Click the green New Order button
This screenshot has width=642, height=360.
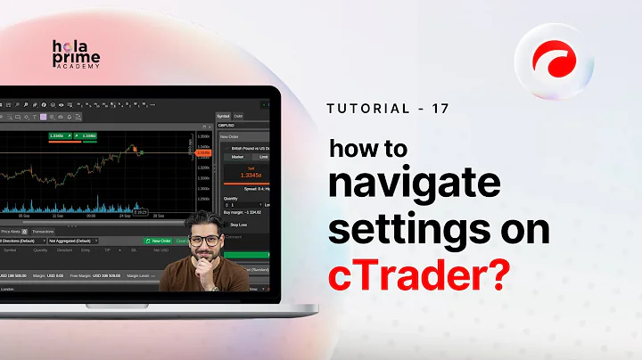pyautogui.click(x=159, y=241)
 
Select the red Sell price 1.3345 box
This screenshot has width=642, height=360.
pyautogui.click(x=243, y=175)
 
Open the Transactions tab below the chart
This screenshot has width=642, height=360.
pyautogui.click(x=43, y=231)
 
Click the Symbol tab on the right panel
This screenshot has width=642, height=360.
pyautogui.click(x=224, y=116)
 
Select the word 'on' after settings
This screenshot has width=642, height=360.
pyautogui.click(x=525, y=227)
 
